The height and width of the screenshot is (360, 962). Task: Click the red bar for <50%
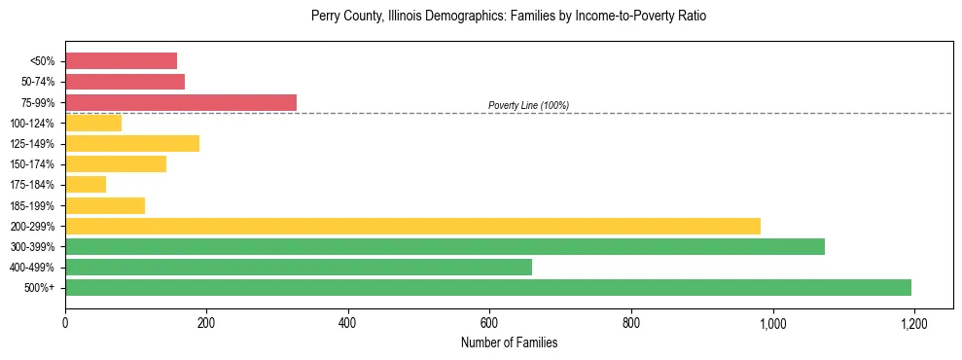(x=121, y=61)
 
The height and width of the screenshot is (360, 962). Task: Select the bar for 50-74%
(x=125, y=82)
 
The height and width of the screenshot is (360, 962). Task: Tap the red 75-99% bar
(x=181, y=102)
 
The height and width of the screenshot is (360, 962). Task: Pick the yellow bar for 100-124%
(x=93, y=123)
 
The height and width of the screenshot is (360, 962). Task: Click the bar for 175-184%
(x=86, y=184)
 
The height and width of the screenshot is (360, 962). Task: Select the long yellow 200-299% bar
(x=412, y=226)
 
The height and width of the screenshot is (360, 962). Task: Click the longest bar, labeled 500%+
(x=487, y=287)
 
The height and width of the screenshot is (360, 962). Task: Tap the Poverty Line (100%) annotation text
(x=528, y=105)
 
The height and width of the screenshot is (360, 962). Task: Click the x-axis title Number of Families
(x=509, y=342)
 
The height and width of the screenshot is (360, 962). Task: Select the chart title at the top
(x=509, y=17)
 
